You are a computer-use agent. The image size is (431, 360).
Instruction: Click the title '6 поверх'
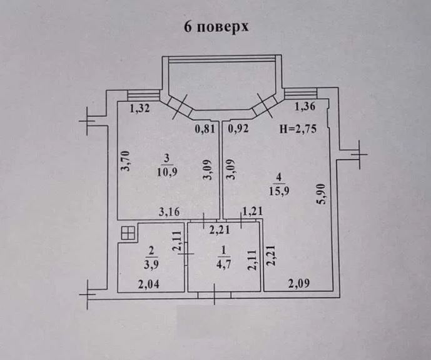(x=216, y=27)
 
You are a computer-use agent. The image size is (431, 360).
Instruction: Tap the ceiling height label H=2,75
(x=298, y=129)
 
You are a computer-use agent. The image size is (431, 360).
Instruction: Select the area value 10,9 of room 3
(x=167, y=172)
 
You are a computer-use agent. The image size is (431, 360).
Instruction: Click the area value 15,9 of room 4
(x=279, y=191)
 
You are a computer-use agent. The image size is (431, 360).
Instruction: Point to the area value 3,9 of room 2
(x=151, y=264)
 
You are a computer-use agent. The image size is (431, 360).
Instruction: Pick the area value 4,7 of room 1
(x=223, y=264)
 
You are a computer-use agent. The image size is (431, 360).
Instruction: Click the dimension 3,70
(x=126, y=161)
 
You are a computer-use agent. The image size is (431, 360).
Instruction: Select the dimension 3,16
(x=170, y=212)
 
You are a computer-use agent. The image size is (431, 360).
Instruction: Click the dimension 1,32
(x=139, y=109)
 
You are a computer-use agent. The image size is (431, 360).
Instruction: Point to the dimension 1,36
(x=305, y=106)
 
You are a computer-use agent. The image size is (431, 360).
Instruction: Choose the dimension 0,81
(x=205, y=129)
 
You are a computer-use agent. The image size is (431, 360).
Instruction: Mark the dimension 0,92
(x=238, y=128)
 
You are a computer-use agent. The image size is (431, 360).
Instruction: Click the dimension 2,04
(x=149, y=284)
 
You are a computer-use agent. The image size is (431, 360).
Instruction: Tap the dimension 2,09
(x=299, y=283)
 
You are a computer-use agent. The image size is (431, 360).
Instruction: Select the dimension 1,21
(x=252, y=211)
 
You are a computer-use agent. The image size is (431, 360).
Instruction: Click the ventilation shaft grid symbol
(x=128, y=232)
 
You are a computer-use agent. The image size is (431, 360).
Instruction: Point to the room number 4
(x=279, y=177)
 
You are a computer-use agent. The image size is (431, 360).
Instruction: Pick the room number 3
(x=167, y=159)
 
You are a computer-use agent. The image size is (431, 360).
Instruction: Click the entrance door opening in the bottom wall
(x=215, y=295)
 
